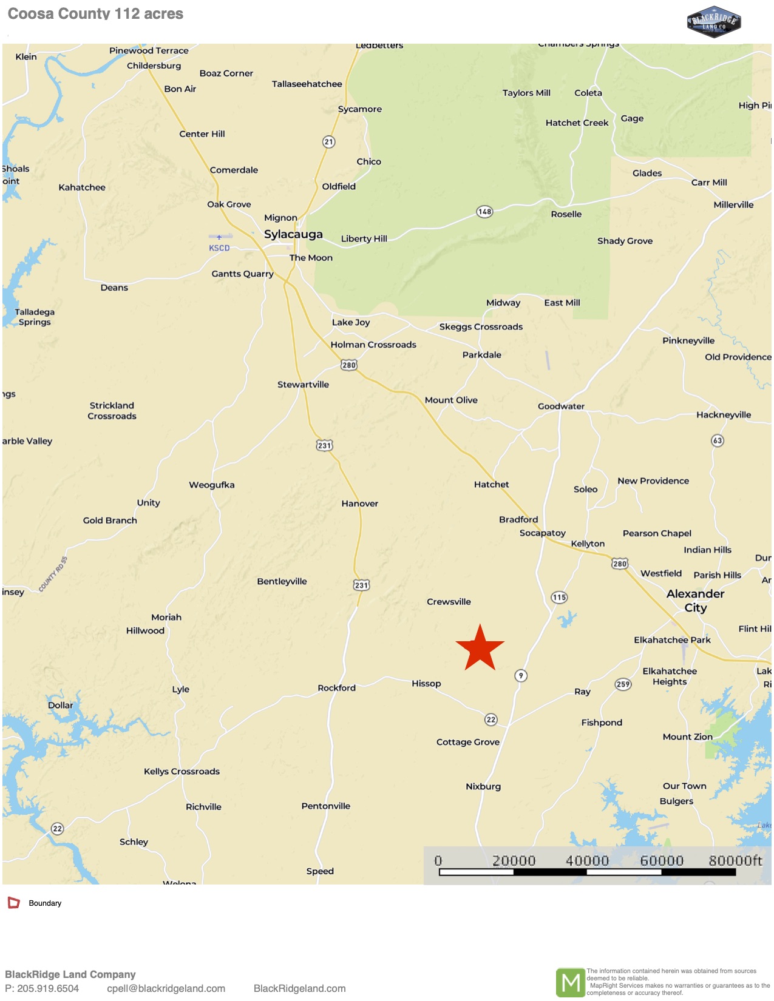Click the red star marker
(480, 648)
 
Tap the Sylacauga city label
(293, 234)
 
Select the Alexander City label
(695, 601)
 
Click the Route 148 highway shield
(484, 212)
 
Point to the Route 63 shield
(718, 440)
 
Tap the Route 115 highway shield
(559, 598)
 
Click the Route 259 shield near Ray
(623, 684)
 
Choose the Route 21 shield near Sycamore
(328, 142)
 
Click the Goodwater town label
(561, 406)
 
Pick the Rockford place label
(336, 688)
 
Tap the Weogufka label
(211, 485)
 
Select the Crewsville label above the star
(449, 602)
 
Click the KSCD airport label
(219, 248)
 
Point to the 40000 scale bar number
(587, 861)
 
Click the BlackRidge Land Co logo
(714, 23)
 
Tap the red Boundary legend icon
(13, 903)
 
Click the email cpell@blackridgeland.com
(166, 988)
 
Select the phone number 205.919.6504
(42, 988)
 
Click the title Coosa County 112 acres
(95, 14)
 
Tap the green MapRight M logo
(570, 982)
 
